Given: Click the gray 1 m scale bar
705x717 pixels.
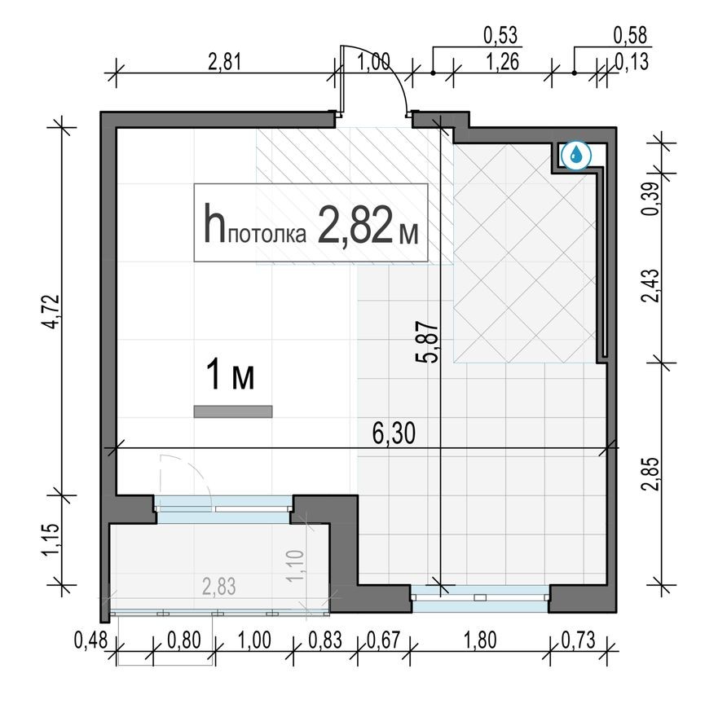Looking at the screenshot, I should pos(232,411).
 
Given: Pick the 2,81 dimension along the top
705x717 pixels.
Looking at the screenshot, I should pos(225,62).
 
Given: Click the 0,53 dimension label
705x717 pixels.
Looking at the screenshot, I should pos(501,36).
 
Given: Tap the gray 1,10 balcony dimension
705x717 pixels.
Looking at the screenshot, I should pos(296,565).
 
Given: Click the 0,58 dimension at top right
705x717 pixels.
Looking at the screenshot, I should pos(629,36).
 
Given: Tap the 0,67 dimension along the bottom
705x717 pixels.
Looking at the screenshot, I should pos(381,640).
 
